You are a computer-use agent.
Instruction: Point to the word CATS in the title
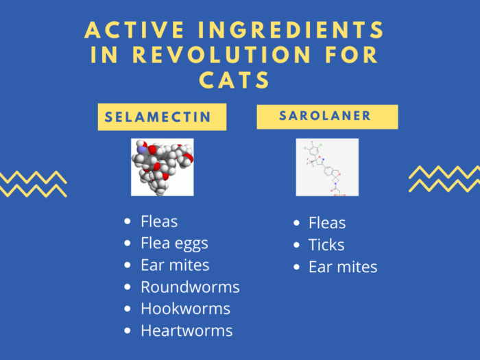pos(235,80)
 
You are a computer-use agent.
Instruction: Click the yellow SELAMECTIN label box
pos(162,117)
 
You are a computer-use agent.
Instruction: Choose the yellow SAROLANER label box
pos(327,117)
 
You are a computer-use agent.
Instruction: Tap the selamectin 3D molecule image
pos(163,167)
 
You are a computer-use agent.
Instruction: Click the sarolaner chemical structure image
pos(327,167)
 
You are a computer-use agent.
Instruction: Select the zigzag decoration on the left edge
pos(32,184)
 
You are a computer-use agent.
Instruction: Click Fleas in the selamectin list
pos(159,221)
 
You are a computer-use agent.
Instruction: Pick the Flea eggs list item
pos(174,243)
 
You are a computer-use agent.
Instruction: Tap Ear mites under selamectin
pos(175,265)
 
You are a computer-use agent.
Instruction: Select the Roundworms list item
pos(190,287)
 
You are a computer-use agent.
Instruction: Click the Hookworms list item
pos(185,309)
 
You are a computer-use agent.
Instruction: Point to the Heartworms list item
pos(187,331)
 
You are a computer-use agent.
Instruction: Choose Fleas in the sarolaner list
pos(327,223)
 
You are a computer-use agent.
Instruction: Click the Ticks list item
pos(326,245)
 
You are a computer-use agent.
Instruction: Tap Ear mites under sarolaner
pos(343,267)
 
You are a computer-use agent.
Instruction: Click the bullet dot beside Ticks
pos(296,245)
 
